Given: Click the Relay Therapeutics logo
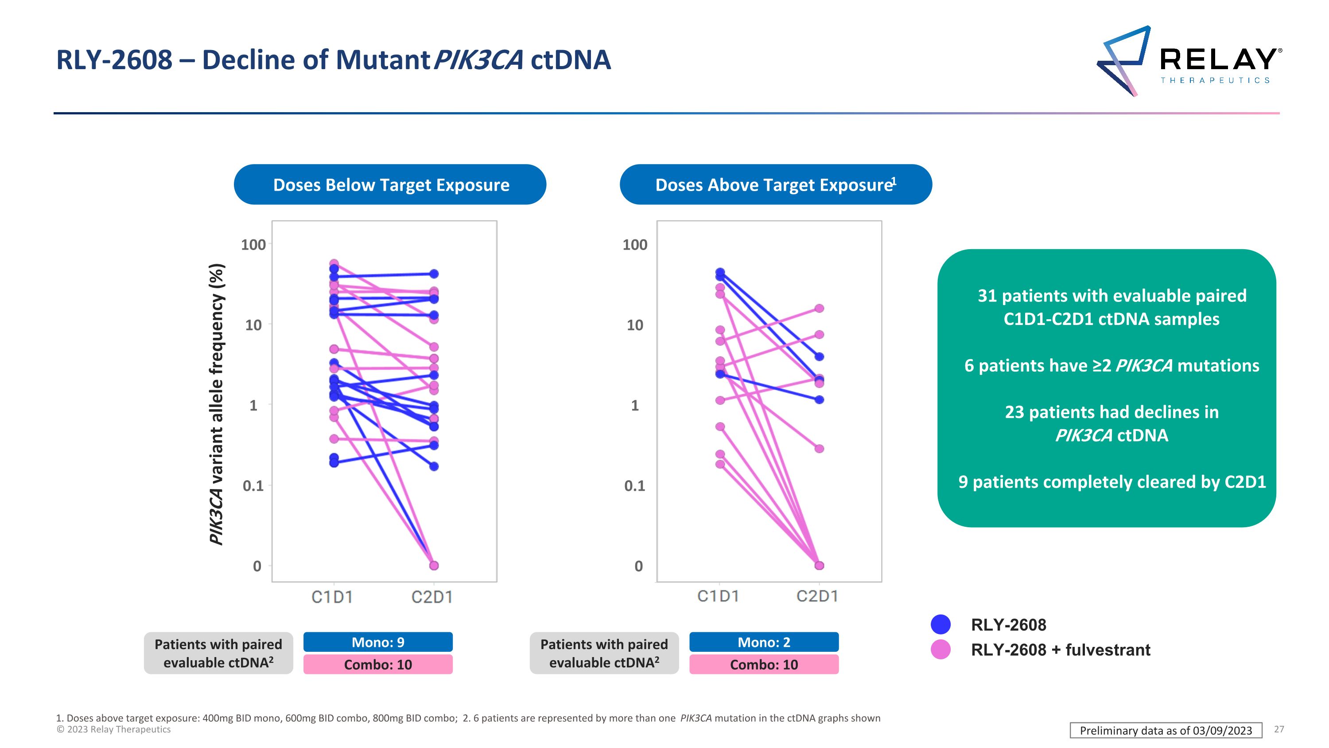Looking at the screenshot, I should (x=1187, y=61).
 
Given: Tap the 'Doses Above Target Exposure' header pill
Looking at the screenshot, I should (x=775, y=185).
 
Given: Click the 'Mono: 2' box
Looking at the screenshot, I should (x=764, y=642).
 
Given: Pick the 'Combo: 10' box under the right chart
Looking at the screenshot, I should (x=764, y=664).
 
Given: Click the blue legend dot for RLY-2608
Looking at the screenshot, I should (x=940, y=624).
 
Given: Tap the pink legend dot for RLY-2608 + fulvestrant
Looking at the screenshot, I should (x=940, y=650).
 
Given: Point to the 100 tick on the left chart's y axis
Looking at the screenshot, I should (x=253, y=245).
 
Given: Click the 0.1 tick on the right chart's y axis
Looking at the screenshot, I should (x=634, y=486).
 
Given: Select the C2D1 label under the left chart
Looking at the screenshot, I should (x=432, y=597).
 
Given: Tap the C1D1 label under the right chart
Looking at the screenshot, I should (x=718, y=596).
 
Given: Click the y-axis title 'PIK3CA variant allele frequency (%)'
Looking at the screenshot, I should (x=217, y=404).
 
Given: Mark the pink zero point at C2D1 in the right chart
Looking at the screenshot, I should (x=819, y=565).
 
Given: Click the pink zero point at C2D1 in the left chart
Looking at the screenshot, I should (x=434, y=565).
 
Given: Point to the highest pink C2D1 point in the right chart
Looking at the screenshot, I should (x=819, y=308).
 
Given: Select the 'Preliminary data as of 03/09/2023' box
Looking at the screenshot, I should (x=1166, y=730).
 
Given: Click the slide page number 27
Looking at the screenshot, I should (x=1279, y=729).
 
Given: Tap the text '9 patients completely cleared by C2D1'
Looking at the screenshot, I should (x=1112, y=482).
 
